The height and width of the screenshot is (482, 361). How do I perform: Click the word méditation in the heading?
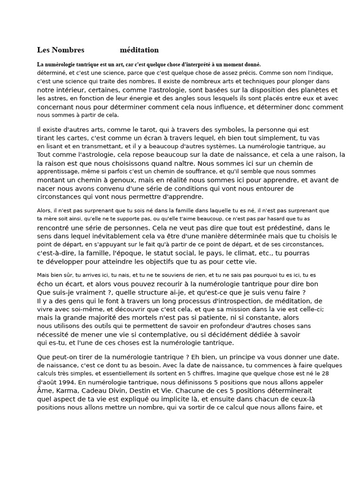tap(139, 50)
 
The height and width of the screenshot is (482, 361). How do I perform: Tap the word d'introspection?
tap(232, 301)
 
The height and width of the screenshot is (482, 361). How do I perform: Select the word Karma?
tap(73, 391)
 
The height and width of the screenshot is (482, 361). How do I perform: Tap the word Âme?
tap(46, 391)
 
